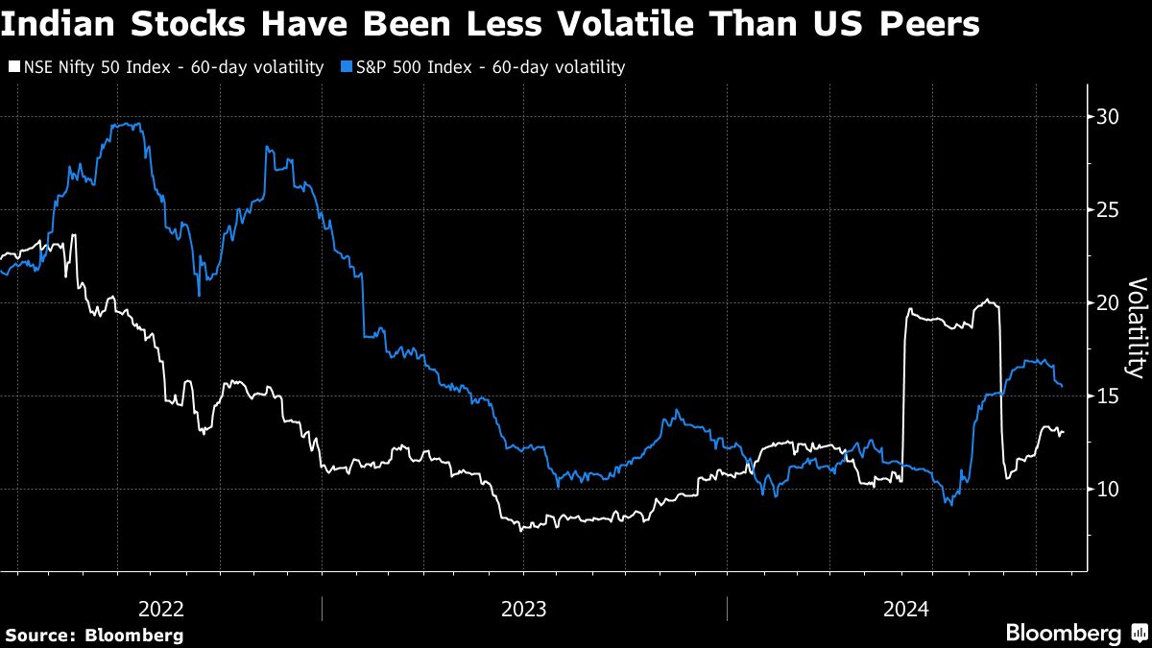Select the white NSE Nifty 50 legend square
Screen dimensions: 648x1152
point(12,67)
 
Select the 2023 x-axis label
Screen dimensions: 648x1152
point(523,609)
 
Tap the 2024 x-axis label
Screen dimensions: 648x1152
point(905,609)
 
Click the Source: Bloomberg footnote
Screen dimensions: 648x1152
point(94,635)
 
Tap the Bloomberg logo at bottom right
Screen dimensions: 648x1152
point(1064,634)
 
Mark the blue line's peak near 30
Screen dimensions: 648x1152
point(130,124)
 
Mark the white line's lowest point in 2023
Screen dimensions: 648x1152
point(521,530)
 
